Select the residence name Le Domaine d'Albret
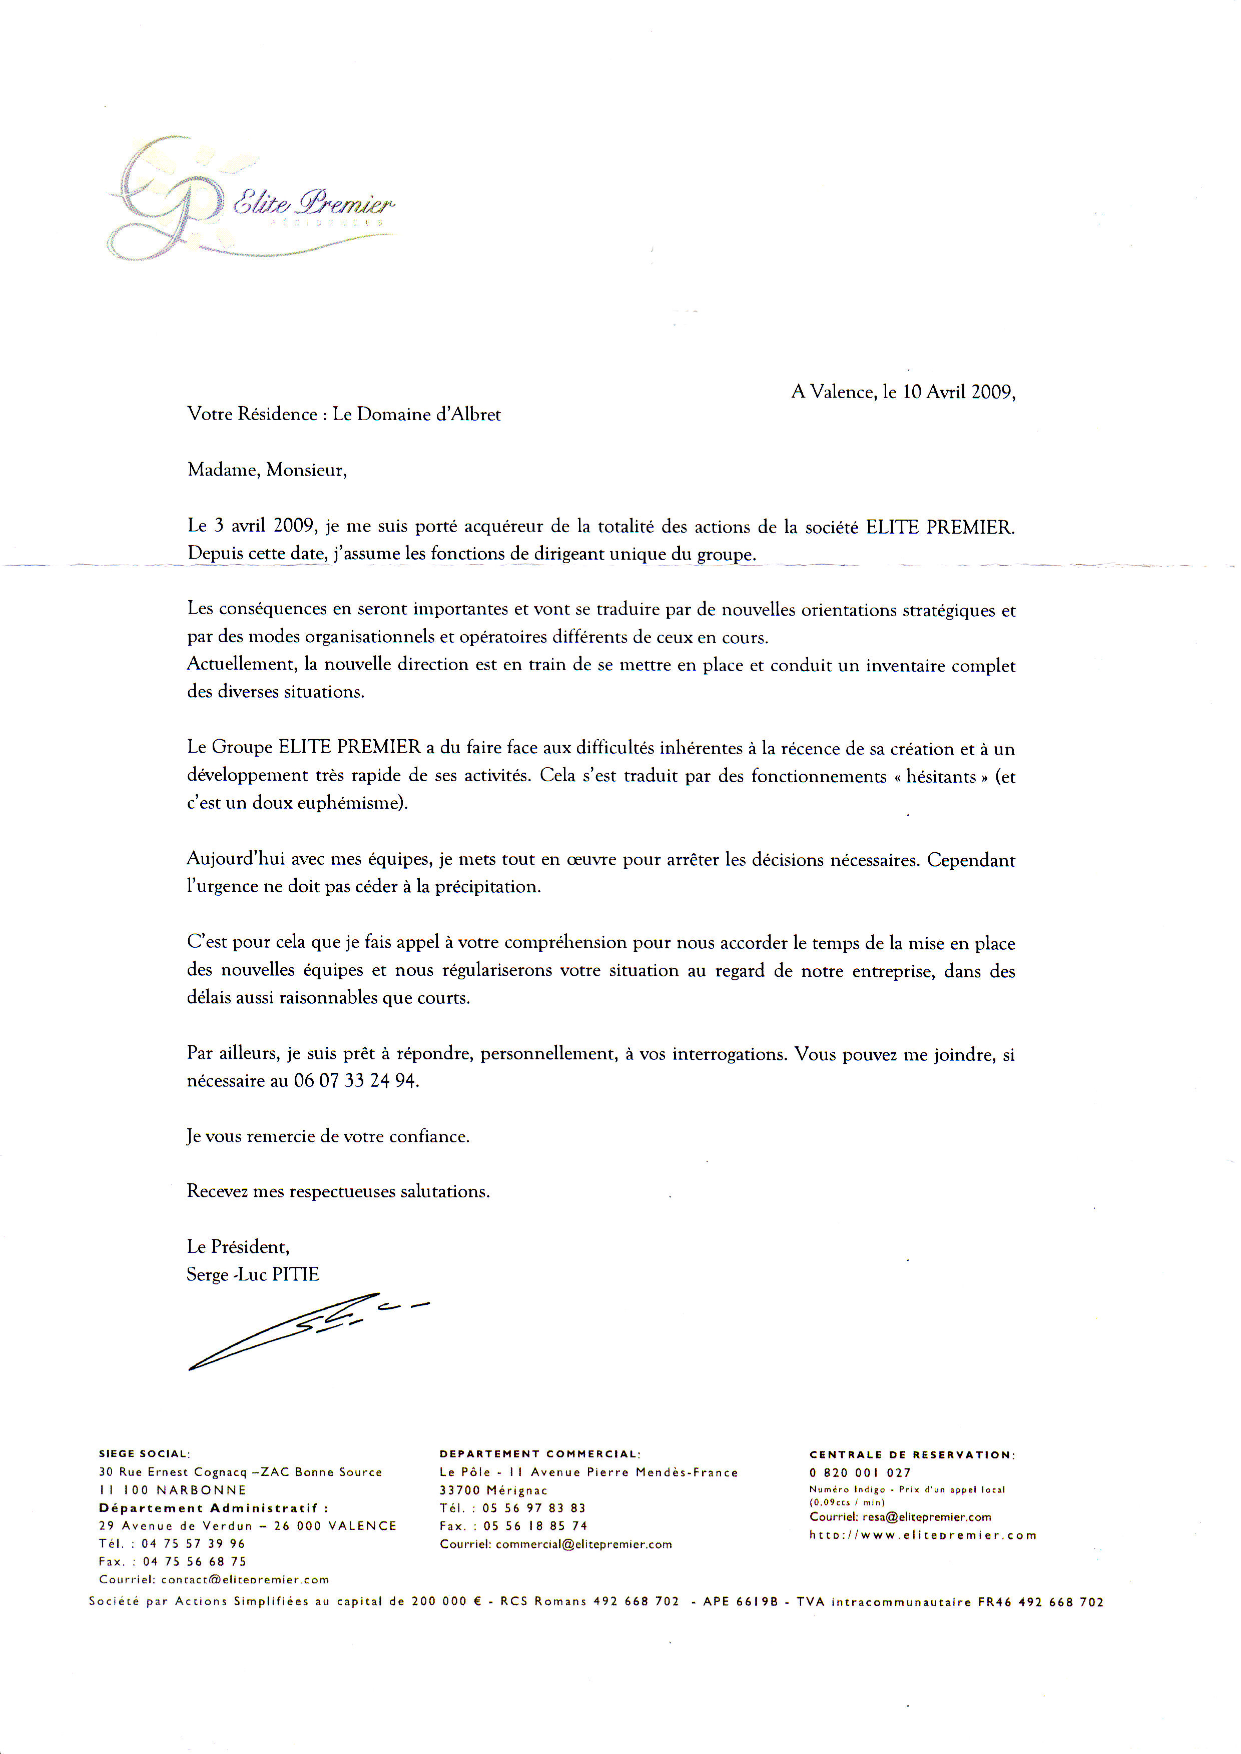pyautogui.click(x=416, y=415)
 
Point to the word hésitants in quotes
pyautogui.click(x=941, y=777)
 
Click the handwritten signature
pyautogui.click(x=306, y=1329)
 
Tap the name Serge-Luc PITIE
pyautogui.click(x=253, y=1274)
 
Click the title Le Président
pyautogui.click(x=238, y=1247)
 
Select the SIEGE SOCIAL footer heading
pyautogui.click(x=144, y=1454)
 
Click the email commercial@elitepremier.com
pyautogui.click(x=584, y=1544)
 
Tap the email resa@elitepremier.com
pyautogui.click(x=926, y=1517)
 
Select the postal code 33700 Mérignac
pyautogui.click(x=493, y=1490)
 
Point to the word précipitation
pyautogui.click(x=487, y=887)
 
